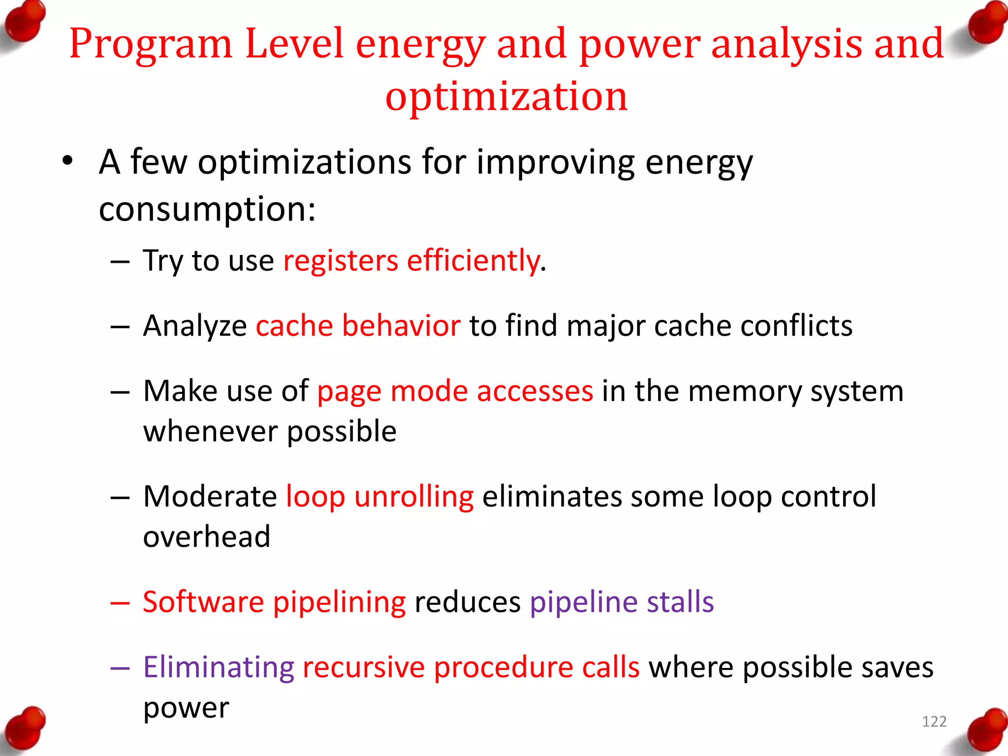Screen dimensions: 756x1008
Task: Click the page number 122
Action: pyautogui.click(x=934, y=722)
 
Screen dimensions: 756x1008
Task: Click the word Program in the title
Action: pyautogui.click(x=150, y=44)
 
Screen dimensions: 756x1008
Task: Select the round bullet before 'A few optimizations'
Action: pyautogui.click(x=67, y=161)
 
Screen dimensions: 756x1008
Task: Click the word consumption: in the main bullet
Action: pyautogui.click(x=207, y=209)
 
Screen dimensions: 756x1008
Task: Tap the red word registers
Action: pyautogui.click(x=340, y=260)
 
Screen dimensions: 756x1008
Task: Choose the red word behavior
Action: pyautogui.click(x=401, y=325)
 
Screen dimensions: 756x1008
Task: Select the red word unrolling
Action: pyautogui.click(x=413, y=496)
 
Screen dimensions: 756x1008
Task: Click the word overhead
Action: pyautogui.click(x=207, y=536)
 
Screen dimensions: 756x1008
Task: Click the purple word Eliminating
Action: pyautogui.click(x=219, y=667)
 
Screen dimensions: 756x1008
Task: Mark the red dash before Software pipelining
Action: pyautogui.click(x=120, y=602)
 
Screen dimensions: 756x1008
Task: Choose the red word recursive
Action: pyautogui.click(x=363, y=667)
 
